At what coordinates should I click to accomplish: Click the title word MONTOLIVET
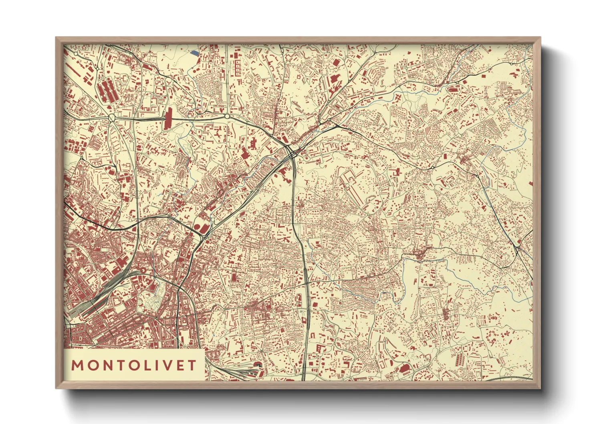click(134, 365)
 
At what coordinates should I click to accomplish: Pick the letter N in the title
click(105, 365)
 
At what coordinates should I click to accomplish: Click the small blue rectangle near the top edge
click(194, 52)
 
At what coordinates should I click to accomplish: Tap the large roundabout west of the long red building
click(111, 117)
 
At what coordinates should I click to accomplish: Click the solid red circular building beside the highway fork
click(198, 228)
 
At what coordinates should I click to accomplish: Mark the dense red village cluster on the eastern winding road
click(419, 253)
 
